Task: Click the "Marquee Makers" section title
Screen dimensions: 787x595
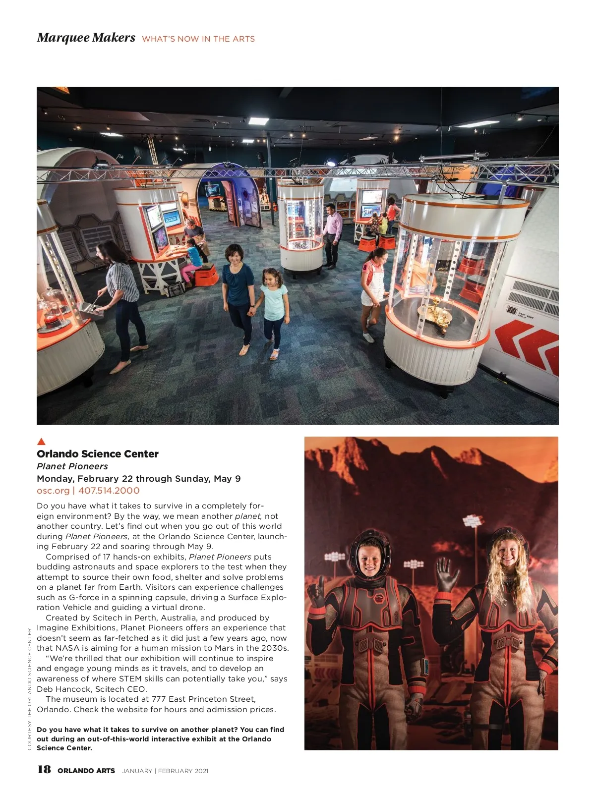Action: point(86,38)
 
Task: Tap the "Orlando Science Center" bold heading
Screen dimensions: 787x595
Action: point(98,454)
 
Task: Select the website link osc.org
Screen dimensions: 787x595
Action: point(53,491)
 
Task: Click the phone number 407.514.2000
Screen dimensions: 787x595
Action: point(109,491)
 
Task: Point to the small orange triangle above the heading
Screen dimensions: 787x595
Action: point(42,441)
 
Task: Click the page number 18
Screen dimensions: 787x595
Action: point(44,769)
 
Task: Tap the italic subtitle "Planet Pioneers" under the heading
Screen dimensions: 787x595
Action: point(72,466)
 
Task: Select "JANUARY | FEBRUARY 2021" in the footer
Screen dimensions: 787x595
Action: point(165,771)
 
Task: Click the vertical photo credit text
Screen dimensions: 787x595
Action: point(30,689)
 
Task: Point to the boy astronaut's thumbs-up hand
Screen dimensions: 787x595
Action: point(315,593)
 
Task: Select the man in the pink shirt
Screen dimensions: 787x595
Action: point(332,233)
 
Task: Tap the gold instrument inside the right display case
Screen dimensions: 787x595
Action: point(435,312)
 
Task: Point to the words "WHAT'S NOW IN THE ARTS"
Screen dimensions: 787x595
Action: point(198,39)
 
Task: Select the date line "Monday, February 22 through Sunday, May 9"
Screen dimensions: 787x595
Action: point(139,479)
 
